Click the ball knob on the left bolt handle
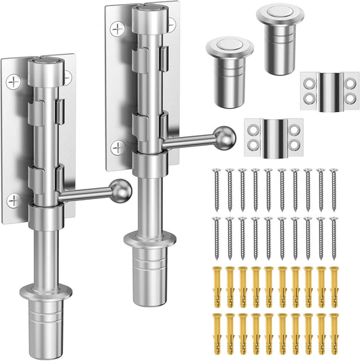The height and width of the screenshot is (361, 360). coord(122,188)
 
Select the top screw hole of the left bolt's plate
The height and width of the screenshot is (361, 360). coord(14,82)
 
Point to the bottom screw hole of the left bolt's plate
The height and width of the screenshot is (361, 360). coord(14,200)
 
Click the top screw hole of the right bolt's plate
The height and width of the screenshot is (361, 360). coord(119,29)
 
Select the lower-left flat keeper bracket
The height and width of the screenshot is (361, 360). coord(271,137)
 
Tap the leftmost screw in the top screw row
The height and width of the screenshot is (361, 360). coord(217,186)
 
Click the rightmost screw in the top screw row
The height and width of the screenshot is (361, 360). coord(333,186)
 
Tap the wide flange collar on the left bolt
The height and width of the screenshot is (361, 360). coord(44,292)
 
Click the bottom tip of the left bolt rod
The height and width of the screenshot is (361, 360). coord(45,344)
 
